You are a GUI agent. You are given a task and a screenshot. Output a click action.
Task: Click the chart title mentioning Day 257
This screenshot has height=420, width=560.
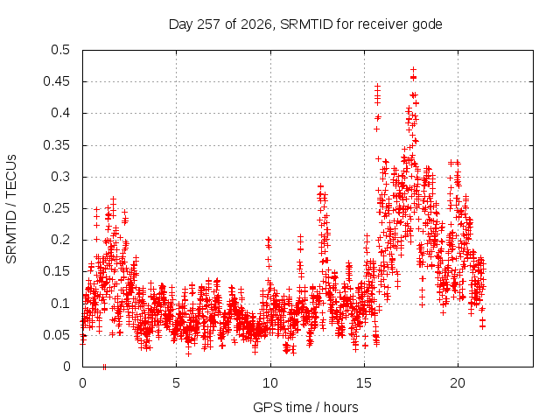tap(305, 24)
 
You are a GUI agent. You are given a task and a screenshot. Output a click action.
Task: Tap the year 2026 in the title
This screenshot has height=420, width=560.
tap(256, 24)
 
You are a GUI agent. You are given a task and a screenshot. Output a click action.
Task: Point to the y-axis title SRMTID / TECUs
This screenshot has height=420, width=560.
tap(11, 209)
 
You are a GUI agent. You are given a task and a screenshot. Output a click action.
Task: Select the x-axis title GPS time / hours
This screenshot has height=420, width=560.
tap(305, 407)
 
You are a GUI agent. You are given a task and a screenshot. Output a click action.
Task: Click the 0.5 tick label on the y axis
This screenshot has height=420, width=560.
tap(60, 50)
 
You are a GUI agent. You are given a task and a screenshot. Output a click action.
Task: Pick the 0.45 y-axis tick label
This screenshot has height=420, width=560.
tap(56, 81)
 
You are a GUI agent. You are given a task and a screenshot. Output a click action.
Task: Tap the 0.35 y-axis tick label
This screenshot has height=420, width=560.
tap(56, 145)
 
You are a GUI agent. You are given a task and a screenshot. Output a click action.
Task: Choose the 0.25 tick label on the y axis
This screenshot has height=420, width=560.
tap(56, 208)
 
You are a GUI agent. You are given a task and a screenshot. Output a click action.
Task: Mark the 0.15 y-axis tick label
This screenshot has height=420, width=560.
tap(56, 271)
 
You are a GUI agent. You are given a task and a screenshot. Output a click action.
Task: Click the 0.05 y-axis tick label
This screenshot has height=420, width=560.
tap(56, 335)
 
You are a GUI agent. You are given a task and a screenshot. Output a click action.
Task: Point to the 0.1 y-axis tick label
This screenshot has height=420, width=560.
tap(60, 304)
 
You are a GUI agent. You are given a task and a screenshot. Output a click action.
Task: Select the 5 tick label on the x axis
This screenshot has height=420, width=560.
tap(176, 383)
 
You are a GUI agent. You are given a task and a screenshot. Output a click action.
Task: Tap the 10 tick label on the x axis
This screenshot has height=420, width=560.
tap(270, 383)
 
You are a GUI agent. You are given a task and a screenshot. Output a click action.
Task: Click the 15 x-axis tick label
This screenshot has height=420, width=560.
tap(364, 383)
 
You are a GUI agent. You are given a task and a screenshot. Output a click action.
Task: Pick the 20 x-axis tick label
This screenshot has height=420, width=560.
tap(458, 383)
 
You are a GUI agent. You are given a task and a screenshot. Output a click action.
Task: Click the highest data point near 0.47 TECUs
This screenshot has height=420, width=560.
tap(413, 69)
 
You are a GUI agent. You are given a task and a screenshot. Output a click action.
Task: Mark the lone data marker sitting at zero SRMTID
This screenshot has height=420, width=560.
tap(104, 367)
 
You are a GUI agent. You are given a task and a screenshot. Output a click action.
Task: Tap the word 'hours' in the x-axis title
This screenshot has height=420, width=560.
tap(340, 407)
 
